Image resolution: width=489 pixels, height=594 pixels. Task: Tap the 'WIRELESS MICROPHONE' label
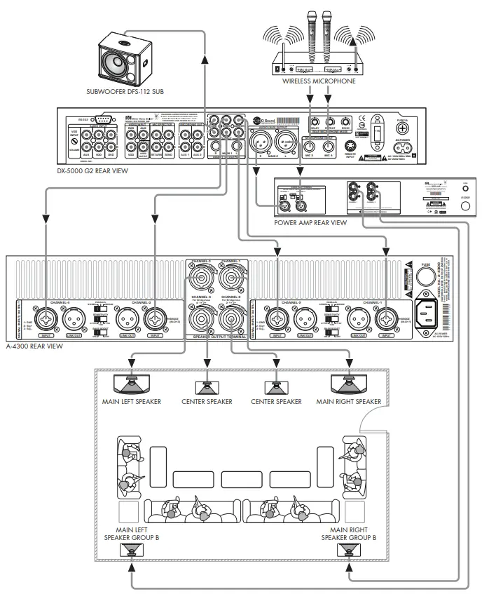[319, 81]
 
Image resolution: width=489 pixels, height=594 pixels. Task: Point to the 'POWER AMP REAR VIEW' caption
[310, 222]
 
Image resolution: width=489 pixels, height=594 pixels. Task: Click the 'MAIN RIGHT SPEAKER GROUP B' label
[348, 533]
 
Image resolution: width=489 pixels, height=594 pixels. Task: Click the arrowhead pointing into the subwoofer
[204, 60]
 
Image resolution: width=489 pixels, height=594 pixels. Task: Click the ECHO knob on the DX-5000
[345, 121]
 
